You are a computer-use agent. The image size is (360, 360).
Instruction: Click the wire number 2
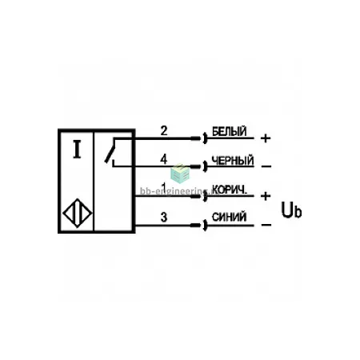click(x=164, y=130)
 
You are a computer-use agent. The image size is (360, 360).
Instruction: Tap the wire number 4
click(x=163, y=159)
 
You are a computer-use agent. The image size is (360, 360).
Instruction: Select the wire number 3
click(x=164, y=217)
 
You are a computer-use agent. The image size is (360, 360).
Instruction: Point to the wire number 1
click(x=164, y=187)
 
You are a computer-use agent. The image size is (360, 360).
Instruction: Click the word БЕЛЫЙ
click(x=229, y=131)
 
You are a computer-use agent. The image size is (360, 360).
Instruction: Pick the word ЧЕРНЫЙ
click(x=232, y=161)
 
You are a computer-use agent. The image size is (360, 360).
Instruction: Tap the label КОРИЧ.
click(x=230, y=190)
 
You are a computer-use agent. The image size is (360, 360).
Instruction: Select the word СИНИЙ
click(x=229, y=217)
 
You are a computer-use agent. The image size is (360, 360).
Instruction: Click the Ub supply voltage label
click(x=291, y=210)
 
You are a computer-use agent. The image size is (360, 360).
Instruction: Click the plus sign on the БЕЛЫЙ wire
click(x=266, y=138)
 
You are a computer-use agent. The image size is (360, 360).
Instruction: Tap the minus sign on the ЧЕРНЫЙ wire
click(x=266, y=166)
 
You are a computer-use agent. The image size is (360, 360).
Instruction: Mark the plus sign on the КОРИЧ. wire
click(x=266, y=196)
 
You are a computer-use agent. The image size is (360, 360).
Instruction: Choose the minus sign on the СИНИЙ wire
click(x=266, y=226)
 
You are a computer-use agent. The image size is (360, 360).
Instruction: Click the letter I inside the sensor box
click(x=77, y=150)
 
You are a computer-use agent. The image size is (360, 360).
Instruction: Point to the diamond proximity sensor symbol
click(x=78, y=213)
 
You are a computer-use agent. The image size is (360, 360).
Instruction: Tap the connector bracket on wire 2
click(x=205, y=138)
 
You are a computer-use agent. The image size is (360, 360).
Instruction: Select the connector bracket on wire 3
click(x=205, y=226)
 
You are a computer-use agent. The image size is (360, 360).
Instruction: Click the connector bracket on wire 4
click(x=205, y=166)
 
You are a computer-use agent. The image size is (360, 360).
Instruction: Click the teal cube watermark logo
click(x=180, y=174)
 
